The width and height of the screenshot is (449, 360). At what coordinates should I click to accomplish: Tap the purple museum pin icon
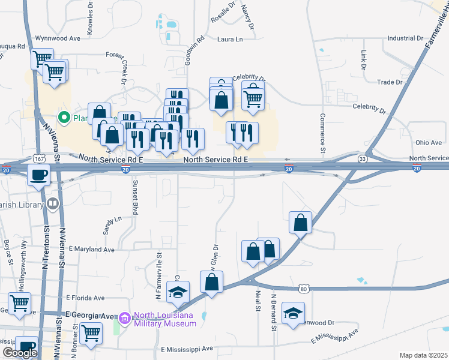coord(124,316)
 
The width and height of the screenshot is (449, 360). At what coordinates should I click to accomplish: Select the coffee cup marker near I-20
coord(39,176)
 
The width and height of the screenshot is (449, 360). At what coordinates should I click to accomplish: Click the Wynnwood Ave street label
coord(58,38)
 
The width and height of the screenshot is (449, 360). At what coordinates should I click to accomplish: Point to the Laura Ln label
coord(231,40)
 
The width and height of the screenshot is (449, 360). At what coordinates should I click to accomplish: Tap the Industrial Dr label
coord(405,38)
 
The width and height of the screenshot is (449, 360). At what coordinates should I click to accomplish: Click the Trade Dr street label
coord(390,82)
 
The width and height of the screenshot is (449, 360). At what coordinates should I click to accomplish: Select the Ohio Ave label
coord(429,143)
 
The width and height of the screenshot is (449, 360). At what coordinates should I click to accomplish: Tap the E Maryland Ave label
coord(91,249)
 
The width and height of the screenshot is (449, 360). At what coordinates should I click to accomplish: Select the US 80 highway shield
coord(304,290)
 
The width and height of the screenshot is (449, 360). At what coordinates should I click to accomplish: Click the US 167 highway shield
coord(40,160)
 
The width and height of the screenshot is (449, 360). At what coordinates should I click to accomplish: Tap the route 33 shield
coord(363,159)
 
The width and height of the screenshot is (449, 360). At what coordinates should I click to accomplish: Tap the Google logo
coord(20,353)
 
